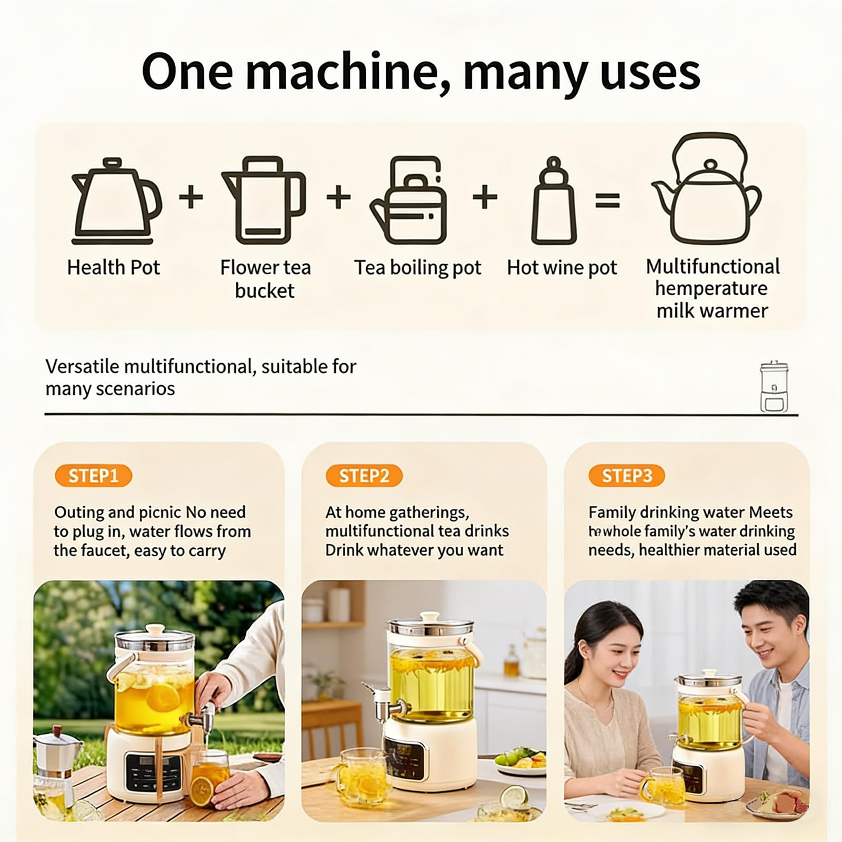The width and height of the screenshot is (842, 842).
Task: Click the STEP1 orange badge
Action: tap(93, 476)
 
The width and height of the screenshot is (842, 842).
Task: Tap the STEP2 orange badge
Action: tap(364, 476)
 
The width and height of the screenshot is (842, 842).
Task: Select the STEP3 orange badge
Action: tap(627, 476)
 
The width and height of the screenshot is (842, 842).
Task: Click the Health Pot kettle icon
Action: tap(116, 201)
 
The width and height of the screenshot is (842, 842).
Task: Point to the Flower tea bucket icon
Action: tap(264, 200)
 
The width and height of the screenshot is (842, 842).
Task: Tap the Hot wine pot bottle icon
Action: tap(553, 200)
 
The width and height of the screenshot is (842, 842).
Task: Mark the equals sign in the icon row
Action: tap(608, 200)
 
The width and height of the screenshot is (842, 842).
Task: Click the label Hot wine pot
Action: tap(562, 268)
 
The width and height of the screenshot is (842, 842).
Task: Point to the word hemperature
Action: tap(711, 288)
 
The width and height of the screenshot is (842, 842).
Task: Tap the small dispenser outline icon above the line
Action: tap(774, 387)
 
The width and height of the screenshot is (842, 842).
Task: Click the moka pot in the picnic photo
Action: tap(57, 763)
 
